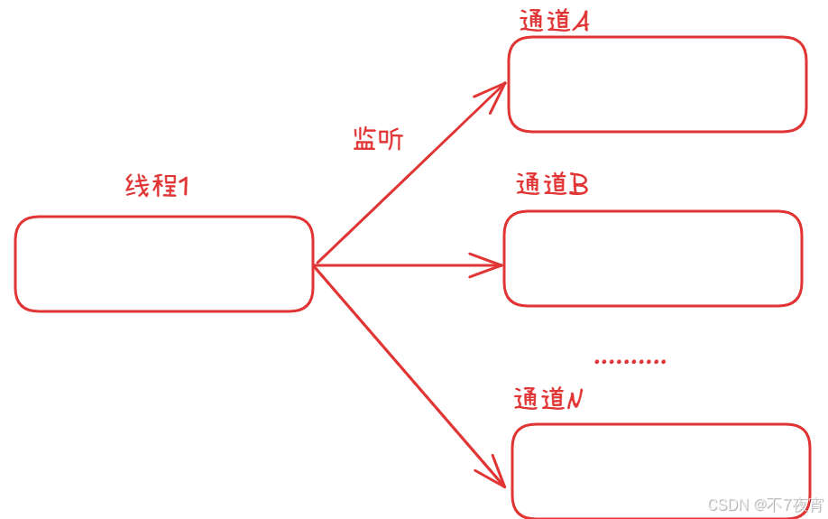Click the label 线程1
click(x=157, y=187)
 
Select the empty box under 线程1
click(x=164, y=264)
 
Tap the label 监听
click(x=378, y=139)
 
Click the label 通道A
click(x=555, y=22)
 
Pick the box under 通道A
click(x=657, y=85)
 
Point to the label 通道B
click(x=552, y=184)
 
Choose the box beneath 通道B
click(x=652, y=259)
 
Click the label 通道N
click(x=549, y=399)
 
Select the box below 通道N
click(x=660, y=471)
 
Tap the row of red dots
click(x=630, y=362)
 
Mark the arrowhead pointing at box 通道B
click(x=492, y=265)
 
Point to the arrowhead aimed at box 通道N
click(x=494, y=476)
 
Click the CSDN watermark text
click(x=766, y=505)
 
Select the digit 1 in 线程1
click(x=183, y=187)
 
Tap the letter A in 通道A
click(x=580, y=22)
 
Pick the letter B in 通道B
click(x=579, y=185)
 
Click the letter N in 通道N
click(x=575, y=399)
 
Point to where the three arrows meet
click(x=315, y=265)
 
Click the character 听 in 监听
click(x=391, y=139)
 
